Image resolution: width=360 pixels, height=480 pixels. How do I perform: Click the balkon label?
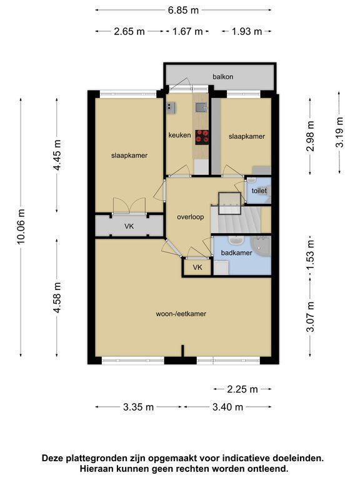[223, 76]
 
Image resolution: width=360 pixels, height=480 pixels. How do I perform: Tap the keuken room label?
[179, 135]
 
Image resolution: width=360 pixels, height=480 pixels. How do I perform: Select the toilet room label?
[259, 191]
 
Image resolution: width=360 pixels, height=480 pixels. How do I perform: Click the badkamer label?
[236, 253]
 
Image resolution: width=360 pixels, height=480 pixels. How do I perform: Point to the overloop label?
[191, 217]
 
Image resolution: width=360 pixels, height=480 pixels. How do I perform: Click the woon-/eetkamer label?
[181, 314]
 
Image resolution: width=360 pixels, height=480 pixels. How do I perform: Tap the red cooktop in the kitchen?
[202, 137]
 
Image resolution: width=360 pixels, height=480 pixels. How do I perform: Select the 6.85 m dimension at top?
[183, 11]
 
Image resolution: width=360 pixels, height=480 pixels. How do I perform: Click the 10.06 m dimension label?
[21, 226]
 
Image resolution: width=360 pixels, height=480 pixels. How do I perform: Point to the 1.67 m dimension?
[187, 31]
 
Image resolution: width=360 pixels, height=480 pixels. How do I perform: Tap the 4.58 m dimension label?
[57, 297]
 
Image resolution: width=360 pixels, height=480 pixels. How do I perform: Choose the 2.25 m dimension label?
[242, 389]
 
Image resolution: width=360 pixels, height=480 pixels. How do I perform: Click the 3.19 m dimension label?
[340, 132]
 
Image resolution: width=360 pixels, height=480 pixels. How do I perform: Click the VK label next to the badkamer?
[197, 267]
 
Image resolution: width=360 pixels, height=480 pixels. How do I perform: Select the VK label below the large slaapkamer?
[129, 226]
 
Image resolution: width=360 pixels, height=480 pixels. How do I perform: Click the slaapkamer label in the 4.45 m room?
[129, 155]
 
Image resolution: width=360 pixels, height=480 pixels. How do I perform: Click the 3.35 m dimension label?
[138, 407]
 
